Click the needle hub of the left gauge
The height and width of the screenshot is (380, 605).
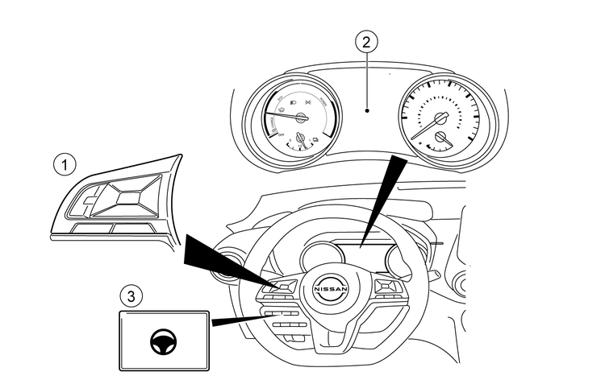[x=301, y=118]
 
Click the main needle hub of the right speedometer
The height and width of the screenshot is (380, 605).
[x=440, y=119]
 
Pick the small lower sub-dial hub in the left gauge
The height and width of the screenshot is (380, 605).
[x=301, y=138]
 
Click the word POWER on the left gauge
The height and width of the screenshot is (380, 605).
[x=323, y=102]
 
